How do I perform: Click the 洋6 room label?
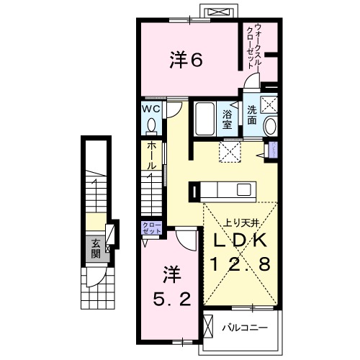(x=186, y=60)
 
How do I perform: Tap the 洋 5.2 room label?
(x=171, y=286)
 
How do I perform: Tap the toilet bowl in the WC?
(x=151, y=126)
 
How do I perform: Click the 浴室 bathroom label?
(x=228, y=119)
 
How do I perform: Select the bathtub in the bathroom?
(x=204, y=119)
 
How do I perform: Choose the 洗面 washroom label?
(x=252, y=115)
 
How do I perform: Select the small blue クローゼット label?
(x=152, y=229)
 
